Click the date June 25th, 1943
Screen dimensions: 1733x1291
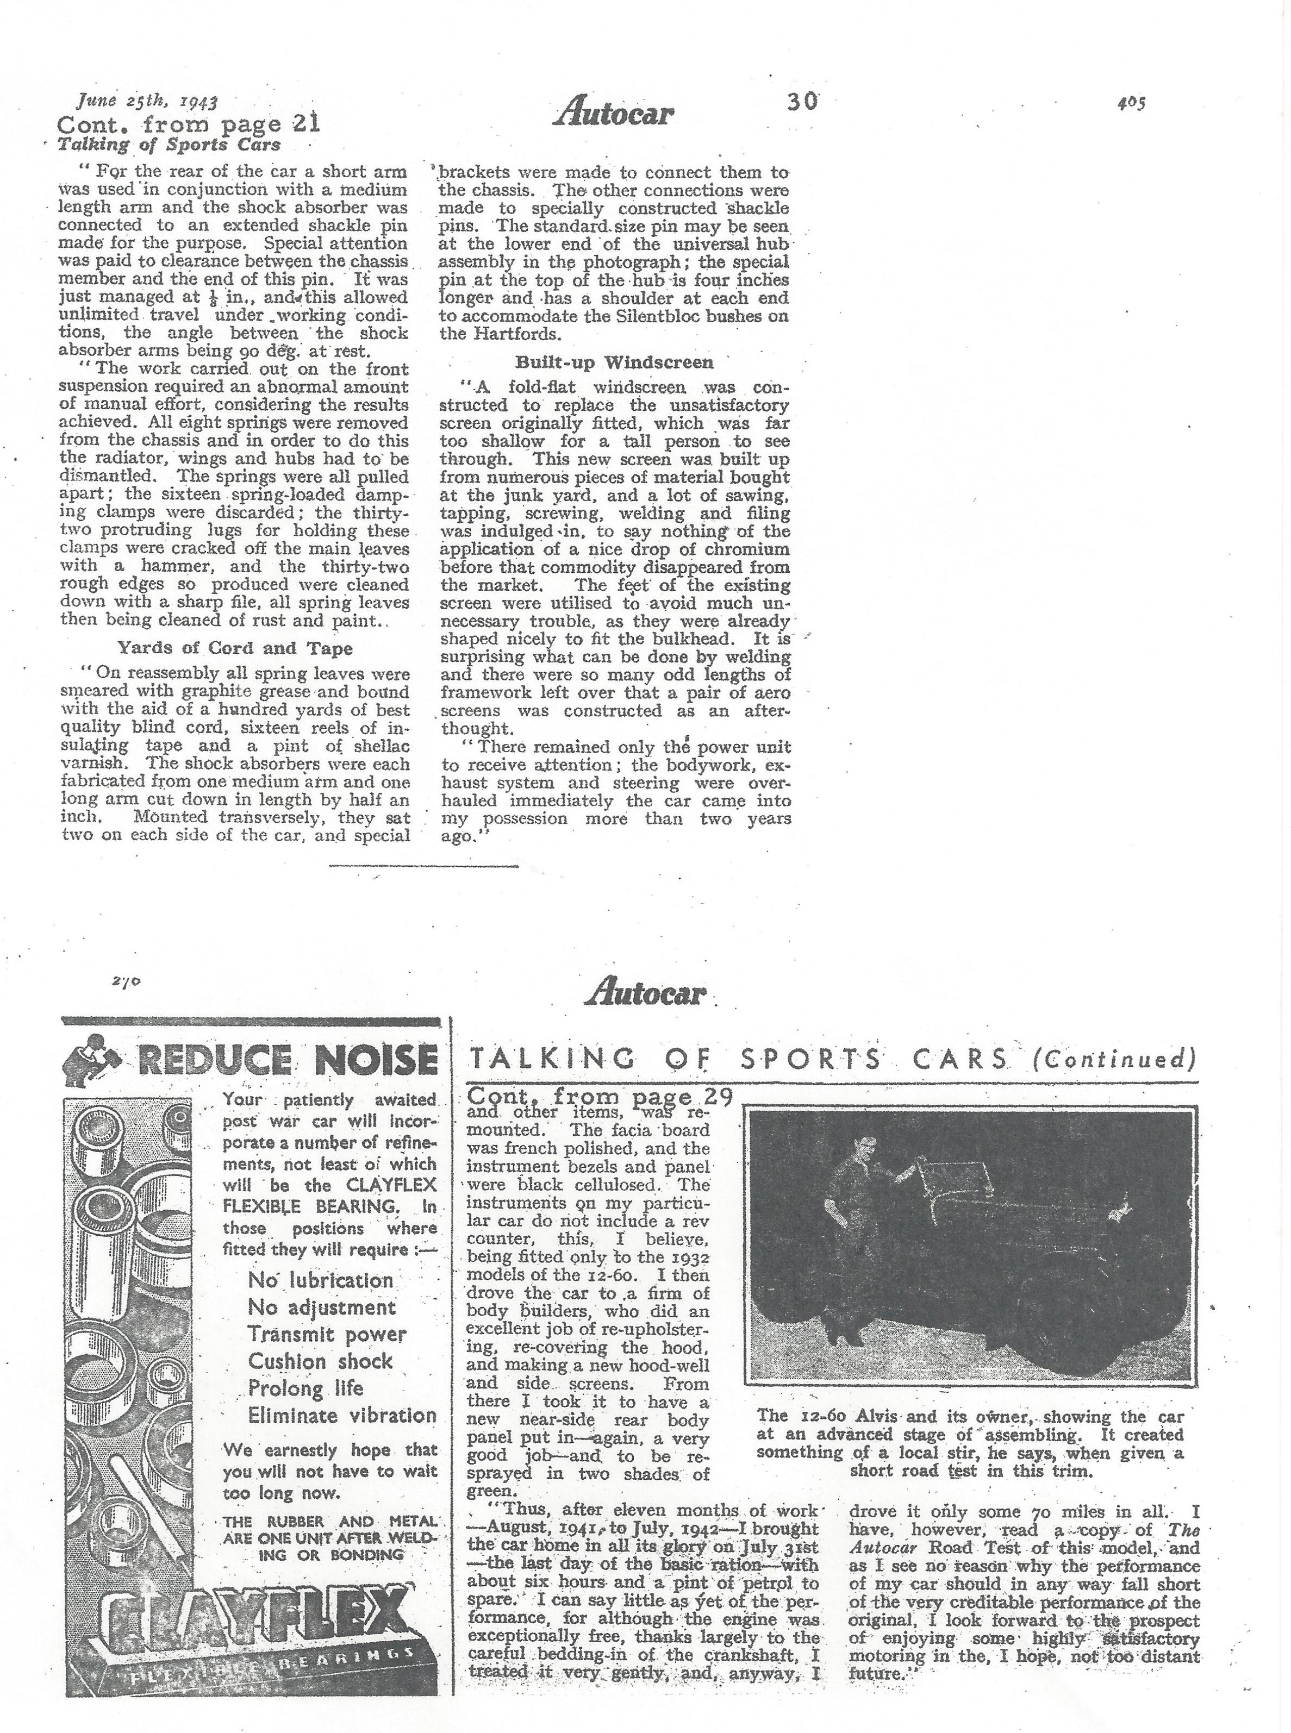point(146,101)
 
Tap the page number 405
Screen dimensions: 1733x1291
point(1131,102)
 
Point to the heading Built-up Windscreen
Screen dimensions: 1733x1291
point(614,362)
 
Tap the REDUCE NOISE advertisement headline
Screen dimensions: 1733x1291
point(285,1061)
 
